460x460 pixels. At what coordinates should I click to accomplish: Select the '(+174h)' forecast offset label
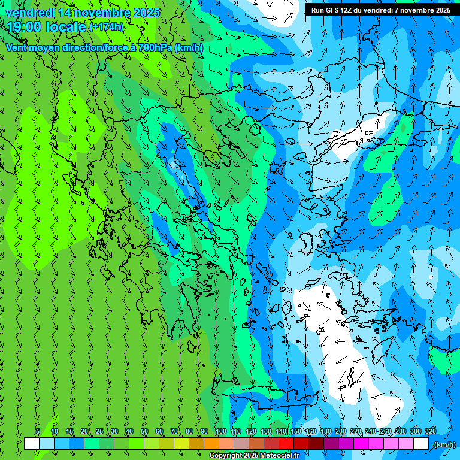[106, 27]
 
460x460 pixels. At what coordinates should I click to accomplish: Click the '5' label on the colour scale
[37, 431]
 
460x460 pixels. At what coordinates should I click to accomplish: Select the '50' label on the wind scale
[144, 431]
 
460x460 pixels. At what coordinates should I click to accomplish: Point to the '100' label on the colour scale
[220, 431]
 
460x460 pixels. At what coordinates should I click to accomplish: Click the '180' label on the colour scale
[325, 431]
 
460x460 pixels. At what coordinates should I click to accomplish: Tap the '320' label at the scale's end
[430, 431]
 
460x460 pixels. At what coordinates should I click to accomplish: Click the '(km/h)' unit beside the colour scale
[444, 444]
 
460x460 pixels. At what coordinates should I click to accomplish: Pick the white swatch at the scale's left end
[32, 444]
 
